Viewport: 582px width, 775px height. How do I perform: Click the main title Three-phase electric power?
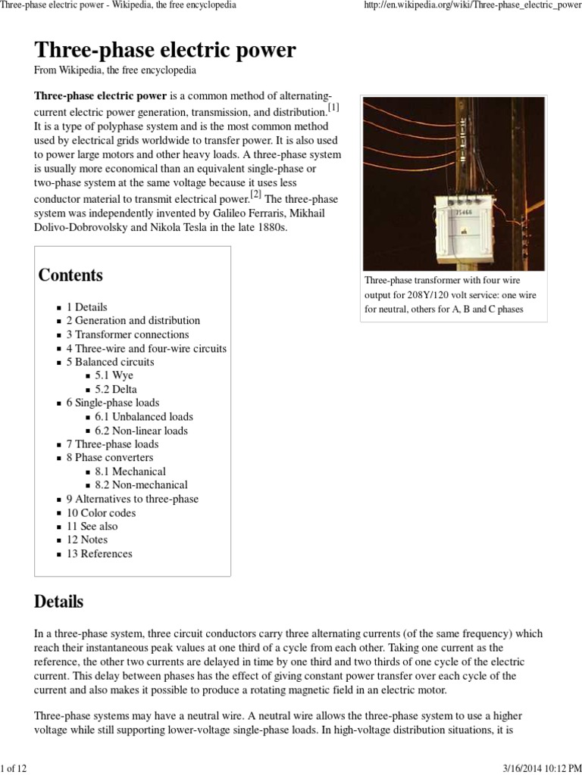[164, 51]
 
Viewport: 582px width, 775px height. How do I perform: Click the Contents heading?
[70, 275]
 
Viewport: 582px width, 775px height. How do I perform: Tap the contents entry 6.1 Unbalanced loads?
[144, 416]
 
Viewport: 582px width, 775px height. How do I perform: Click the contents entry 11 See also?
[92, 526]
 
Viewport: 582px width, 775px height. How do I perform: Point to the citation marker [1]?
[333, 107]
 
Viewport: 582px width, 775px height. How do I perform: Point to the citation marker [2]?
[255, 194]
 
